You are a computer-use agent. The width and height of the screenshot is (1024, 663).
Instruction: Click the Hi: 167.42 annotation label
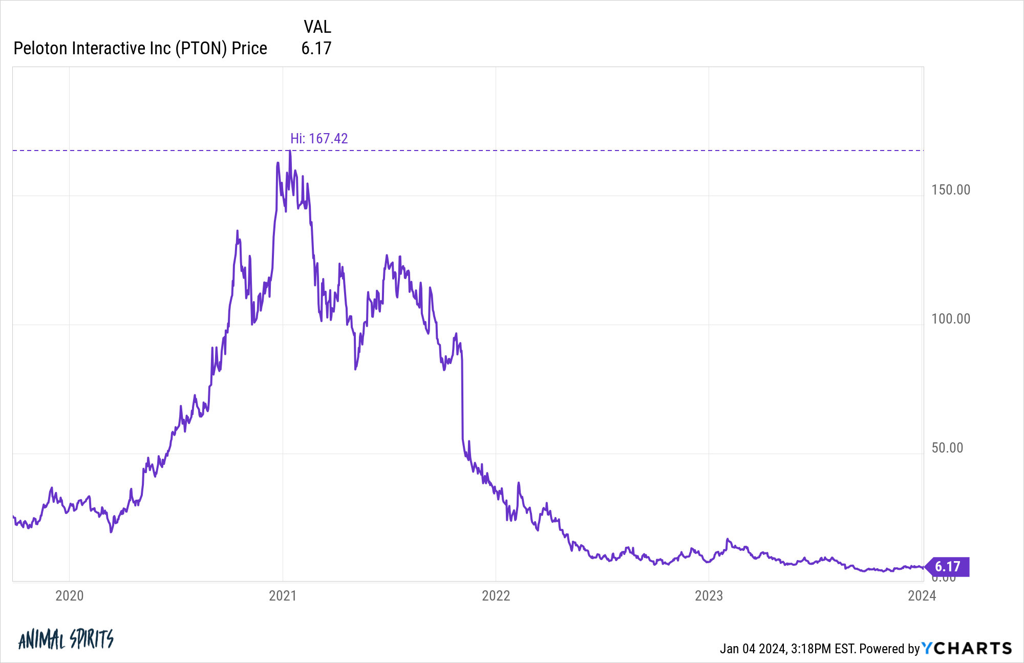pyautogui.click(x=319, y=138)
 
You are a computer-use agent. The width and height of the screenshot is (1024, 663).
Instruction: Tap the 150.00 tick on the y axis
pyautogui.click(x=951, y=189)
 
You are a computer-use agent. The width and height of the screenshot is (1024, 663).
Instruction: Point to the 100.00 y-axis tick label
pyautogui.click(x=951, y=318)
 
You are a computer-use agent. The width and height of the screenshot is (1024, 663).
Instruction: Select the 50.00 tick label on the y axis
pyautogui.click(x=947, y=447)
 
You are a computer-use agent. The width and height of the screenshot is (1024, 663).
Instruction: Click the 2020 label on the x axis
pyautogui.click(x=70, y=595)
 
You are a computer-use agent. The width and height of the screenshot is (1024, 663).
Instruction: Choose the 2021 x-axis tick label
pyautogui.click(x=283, y=595)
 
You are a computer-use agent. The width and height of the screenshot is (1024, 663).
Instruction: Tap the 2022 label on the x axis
pyautogui.click(x=496, y=595)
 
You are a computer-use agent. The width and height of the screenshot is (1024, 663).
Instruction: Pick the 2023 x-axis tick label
pyautogui.click(x=709, y=595)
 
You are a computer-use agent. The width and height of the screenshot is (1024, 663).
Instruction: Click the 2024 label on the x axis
pyautogui.click(x=922, y=595)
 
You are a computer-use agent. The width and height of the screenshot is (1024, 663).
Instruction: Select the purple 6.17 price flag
pyautogui.click(x=948, y=567)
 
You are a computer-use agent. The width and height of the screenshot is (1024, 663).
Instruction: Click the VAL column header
pyautogui.click(x=317, y=27)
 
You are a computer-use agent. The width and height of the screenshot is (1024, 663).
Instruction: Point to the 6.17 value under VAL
pyautogui.click(x=316, y=48)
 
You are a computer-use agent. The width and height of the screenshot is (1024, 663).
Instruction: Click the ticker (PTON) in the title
pyautogui.click(x=201, y=48)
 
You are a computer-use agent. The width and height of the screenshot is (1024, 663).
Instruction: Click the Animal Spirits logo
pyautogui.click(x=66, y=639)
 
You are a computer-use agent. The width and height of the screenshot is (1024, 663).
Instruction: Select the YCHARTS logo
pyautogui.click(x=967, y=648)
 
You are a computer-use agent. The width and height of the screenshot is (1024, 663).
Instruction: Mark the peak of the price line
pyautogui.click(x=290, y=151)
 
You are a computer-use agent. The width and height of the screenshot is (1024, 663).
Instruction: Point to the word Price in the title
pyautogui.click(x=249, y=48)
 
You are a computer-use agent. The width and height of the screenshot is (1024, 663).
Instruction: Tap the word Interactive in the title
pyautogui.click(x=109, y=48)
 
